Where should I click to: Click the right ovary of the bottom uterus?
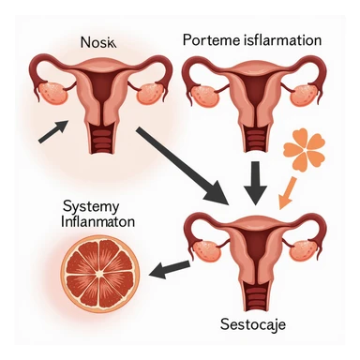tap(306, 247)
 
